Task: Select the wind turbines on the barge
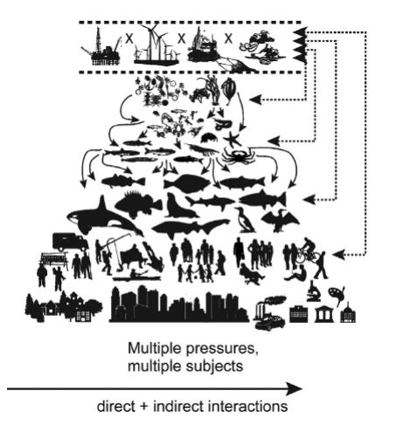156,45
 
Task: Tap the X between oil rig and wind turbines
129,38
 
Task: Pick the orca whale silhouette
102,216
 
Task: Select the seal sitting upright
180,206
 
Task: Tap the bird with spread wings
281,220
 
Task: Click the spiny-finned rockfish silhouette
138,203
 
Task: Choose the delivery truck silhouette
70,242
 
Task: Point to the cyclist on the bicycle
309,251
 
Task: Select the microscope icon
314,291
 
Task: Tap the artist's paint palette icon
337,295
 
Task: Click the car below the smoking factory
269,323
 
